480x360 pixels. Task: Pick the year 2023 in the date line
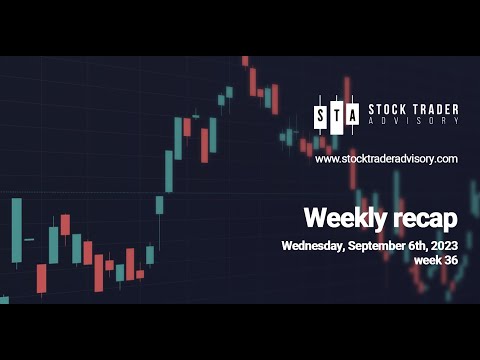pyautogui.click(x=446, y=245)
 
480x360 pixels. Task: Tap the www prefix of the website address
pyautogui.click(x=326, y=159)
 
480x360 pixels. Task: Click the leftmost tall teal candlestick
pyautogui.click(x=16, y=230)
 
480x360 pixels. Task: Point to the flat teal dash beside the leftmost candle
pyautogui.click(x=29, y=239)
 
